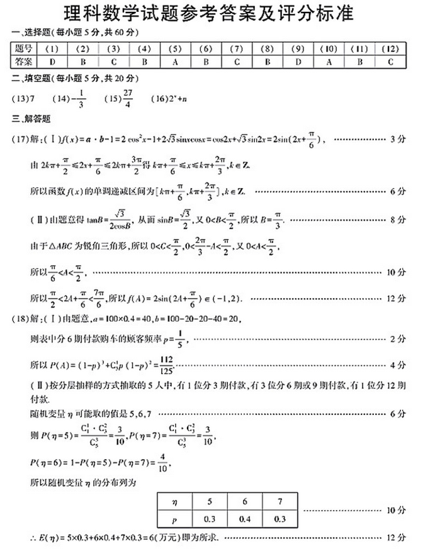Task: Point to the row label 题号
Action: (24, 48)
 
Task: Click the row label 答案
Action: (24, 61)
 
